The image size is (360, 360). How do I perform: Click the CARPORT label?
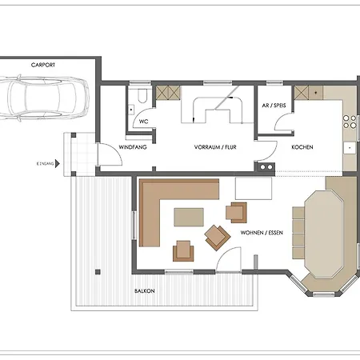coord(43,65)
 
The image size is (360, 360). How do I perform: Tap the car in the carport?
coord(44,98)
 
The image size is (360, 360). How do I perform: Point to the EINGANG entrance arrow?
coord(57,163)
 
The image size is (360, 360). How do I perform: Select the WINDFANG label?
coord(133,147)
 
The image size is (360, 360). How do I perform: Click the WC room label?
coord(143,122)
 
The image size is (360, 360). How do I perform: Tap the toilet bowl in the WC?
coord(142,96)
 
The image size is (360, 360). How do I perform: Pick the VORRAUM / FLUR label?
coord(215,147)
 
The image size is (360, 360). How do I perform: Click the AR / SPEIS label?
coord(274,106)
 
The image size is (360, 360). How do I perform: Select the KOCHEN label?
coord(302,147)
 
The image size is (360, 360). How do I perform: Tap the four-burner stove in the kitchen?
coord(350,122)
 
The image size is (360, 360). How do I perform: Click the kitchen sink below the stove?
coord(350,148)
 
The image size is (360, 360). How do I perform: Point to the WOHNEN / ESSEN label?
coord(262,233)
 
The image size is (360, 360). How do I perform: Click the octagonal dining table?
coord(324,234)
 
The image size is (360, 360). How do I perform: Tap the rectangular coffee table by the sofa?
coord(189,217)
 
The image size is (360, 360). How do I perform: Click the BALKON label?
coord(145,291)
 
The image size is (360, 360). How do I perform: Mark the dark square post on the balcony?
coord(98,272)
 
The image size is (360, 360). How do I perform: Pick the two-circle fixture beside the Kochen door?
coord(266,167)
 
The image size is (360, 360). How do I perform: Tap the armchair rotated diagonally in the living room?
coord(217,238)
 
